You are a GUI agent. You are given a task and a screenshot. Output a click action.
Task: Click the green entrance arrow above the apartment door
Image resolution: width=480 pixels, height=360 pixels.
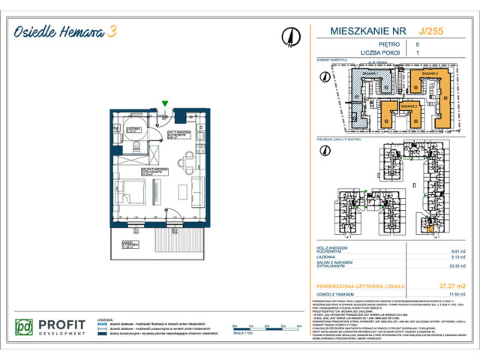(165, 104)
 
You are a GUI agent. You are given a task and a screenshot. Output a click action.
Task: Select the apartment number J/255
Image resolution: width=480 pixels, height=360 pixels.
(430, 31)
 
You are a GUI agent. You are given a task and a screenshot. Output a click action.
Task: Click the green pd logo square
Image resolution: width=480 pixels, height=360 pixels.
(25, 328)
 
